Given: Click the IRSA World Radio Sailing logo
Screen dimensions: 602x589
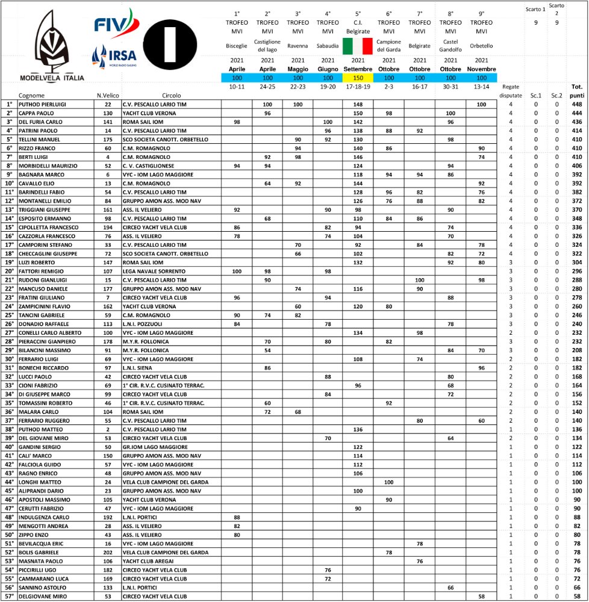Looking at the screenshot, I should [x=114, y=57].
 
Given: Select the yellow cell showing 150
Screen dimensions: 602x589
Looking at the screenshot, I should [x=358, y=78].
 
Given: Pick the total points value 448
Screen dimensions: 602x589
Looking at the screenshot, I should [x=576, y=104].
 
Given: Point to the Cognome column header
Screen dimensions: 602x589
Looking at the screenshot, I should [x=31, y=95].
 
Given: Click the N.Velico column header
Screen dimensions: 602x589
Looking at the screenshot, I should [x=107, y=95].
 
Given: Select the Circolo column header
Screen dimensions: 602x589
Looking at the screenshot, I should [x=172, y=95].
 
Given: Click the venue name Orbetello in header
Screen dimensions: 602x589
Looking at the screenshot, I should [x=481, y=46].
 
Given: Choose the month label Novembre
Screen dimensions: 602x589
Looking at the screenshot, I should [x=481, y=69].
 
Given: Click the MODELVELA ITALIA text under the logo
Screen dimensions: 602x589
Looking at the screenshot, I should [x=52, y=78].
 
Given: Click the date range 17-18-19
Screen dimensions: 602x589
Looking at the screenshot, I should [x=358, y=87].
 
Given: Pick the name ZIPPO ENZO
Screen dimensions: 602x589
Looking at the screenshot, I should [x=34, y=535].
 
